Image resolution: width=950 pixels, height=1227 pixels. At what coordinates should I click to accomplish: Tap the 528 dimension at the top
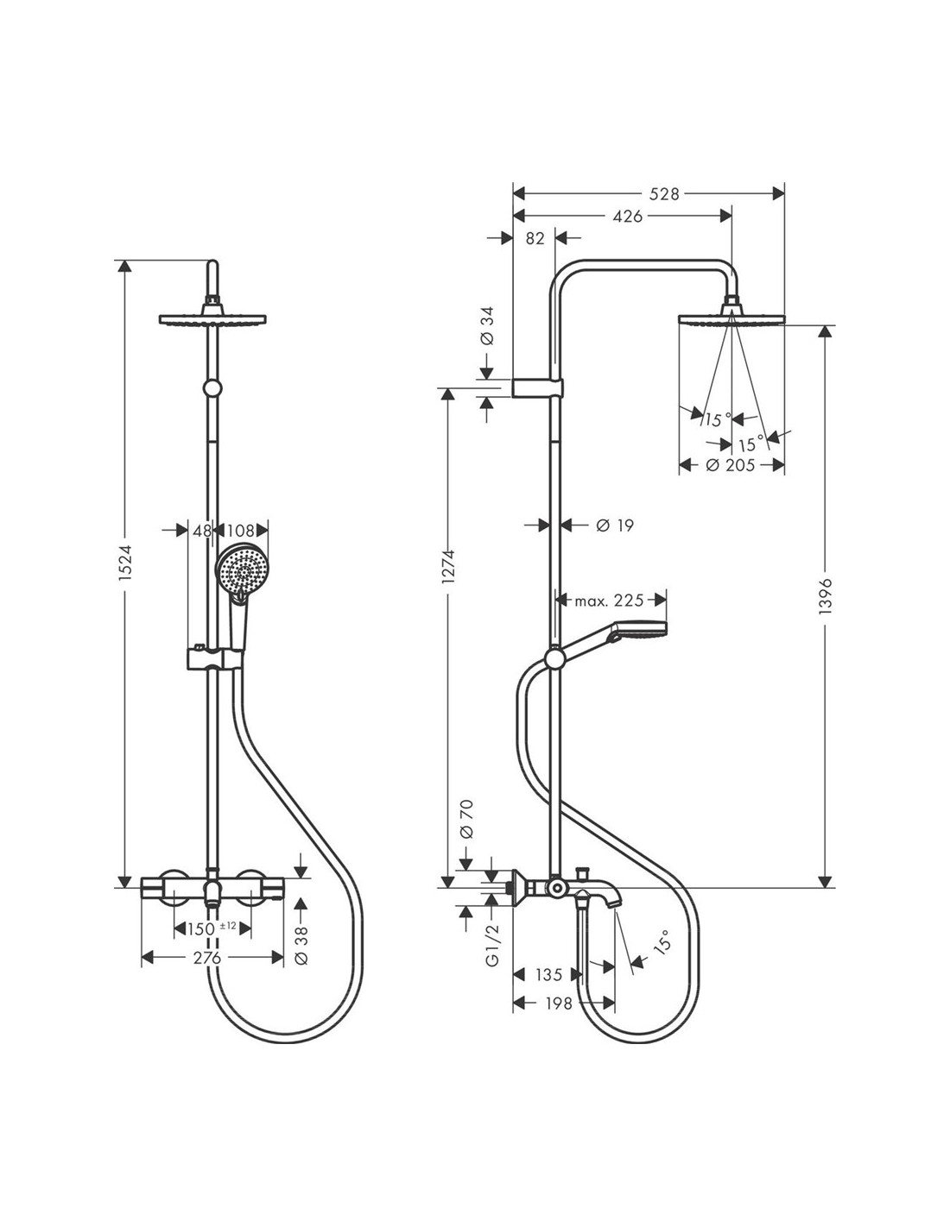click(x=664, y=194)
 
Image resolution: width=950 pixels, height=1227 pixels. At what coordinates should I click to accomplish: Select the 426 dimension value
click(x=629, y=217)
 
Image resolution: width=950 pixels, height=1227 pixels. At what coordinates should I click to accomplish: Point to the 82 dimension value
click(x=535, y=238)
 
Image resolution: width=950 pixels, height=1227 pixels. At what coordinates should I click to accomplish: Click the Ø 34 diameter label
click(x=486, y=326)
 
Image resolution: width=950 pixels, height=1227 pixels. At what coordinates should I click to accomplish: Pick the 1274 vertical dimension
click(x=448, y=566)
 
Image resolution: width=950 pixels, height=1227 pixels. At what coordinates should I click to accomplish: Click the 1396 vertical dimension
click(x=826, y=595)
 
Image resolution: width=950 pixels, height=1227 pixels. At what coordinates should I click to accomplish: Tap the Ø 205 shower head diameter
click(x=730, y=465)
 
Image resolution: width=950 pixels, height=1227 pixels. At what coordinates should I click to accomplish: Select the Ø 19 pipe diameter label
click(x=615, y=525)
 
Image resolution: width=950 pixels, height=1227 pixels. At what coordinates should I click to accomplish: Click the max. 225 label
click(x=609, y=601)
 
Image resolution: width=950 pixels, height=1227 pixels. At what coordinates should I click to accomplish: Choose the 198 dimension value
click(x=559, y=1004)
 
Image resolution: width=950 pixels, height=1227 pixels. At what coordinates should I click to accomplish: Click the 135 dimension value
click(x=548, y=974)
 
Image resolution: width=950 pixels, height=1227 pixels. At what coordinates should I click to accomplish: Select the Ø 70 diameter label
click(x=467, y=820)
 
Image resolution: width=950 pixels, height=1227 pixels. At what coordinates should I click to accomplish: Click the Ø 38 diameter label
click(x=301, y=945)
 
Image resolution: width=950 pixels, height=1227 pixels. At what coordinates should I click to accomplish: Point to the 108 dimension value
click(x=241, y=530)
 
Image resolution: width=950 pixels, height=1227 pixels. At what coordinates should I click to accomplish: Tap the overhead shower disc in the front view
click(x=212, y=319)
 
